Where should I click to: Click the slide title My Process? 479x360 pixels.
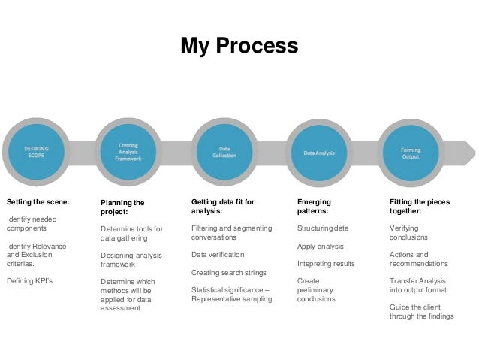click(239, 46)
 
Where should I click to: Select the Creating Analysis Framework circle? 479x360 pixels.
click(128, 153)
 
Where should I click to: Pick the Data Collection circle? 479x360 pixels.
click(224, 153)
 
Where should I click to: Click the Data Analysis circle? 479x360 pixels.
click(320, 153)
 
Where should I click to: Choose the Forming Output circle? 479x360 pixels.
click(411, 153)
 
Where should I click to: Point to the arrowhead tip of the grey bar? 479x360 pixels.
click(474, 153)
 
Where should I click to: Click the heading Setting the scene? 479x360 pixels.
click(38, 202)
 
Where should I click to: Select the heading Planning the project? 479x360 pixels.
click(122, 207)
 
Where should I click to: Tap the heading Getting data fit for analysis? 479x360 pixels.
click(223, 207)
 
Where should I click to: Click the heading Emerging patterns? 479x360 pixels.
click(314, 207)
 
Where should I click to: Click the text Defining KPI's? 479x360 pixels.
click(29, 281)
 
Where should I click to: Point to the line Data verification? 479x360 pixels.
click(218, 255)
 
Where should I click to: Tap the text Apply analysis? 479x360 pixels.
click(321, 246)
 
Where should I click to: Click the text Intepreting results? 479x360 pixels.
click(326, 264)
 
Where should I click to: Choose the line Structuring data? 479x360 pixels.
click(323, 228)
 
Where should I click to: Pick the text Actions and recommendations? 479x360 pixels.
click(419, 259)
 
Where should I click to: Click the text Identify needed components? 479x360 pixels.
click(31, 223)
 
